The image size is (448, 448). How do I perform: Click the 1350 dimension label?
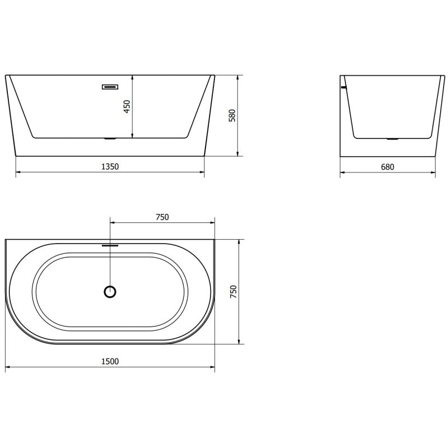pos(110,166)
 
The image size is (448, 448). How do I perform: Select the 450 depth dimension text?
pos(127,106)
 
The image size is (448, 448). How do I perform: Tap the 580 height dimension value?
pos(233,115)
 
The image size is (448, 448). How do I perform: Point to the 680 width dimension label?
pos(388,166)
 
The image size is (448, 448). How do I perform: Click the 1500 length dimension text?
pos(110,361)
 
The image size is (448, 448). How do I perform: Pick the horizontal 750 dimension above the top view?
pos(162,217)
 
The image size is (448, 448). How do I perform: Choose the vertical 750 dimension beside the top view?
pos(234,292)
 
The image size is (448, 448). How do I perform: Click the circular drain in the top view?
pos(110,291)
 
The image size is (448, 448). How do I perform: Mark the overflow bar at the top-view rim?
pos(110,244)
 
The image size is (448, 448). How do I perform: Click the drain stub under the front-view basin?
pos(110,138)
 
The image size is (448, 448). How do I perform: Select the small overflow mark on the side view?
pos(344,87)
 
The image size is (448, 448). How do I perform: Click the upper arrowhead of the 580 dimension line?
pos(239,77)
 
